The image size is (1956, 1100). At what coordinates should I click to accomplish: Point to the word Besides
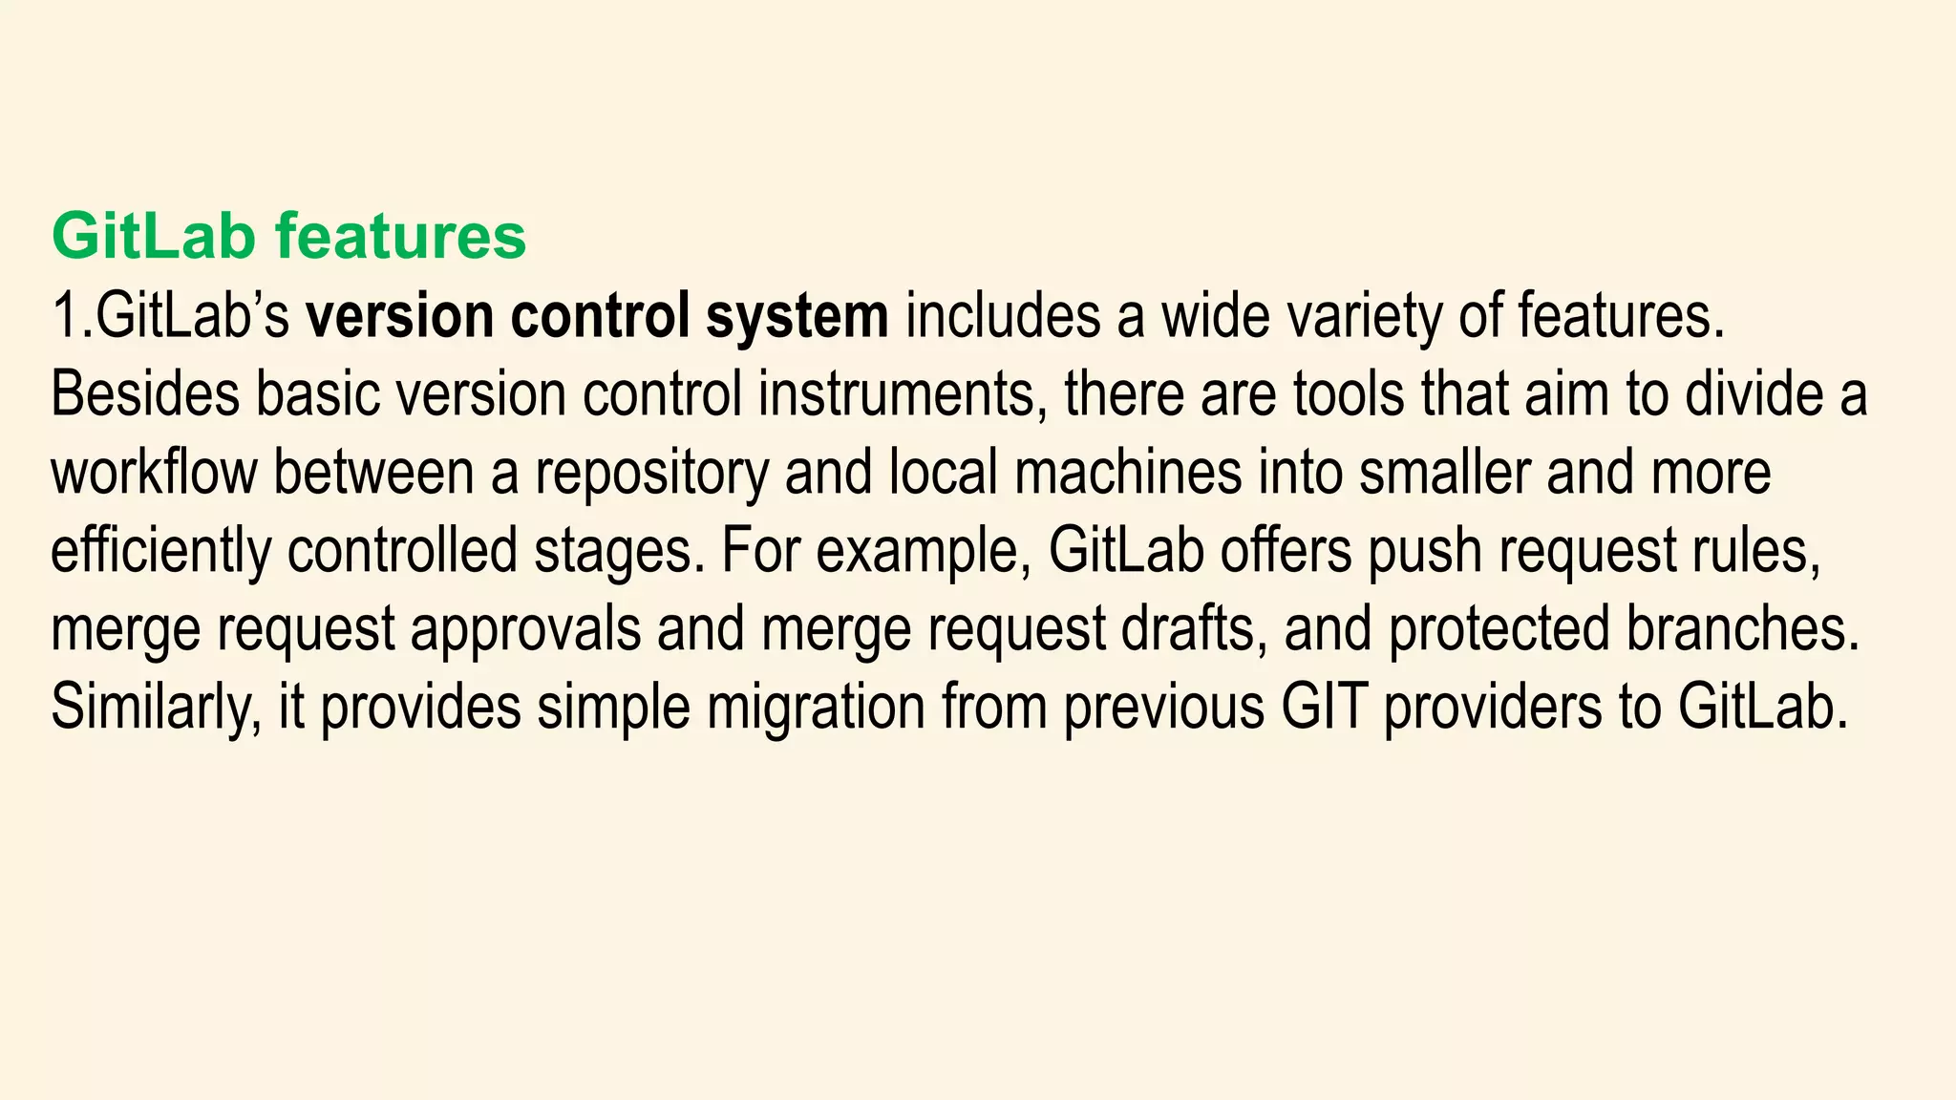pyautogui.click(x=144, y=394)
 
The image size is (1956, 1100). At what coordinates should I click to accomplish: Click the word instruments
pyautogui.click(x=897, y=394)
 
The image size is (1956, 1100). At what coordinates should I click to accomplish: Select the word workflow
pyautogui.click(x=154, y=473)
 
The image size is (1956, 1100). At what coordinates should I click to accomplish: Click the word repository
pyautogui.click(x=651, y=473)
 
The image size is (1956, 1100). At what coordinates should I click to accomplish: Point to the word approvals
pyautogui.click(x=525, y=629)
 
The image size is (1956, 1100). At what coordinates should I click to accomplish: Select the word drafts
pyautogui.click(x=1194, y=629)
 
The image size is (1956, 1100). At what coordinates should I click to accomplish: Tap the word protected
pyautogui.click(x=1499, y=629)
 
